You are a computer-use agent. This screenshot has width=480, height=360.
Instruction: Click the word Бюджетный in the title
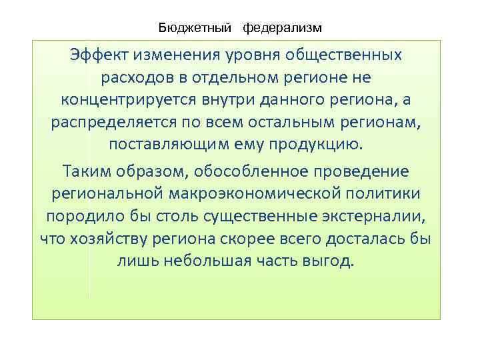click(195, 28)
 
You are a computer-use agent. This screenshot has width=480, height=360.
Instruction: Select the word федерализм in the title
click(282, 28)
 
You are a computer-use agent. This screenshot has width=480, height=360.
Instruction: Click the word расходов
click(137, 77)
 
